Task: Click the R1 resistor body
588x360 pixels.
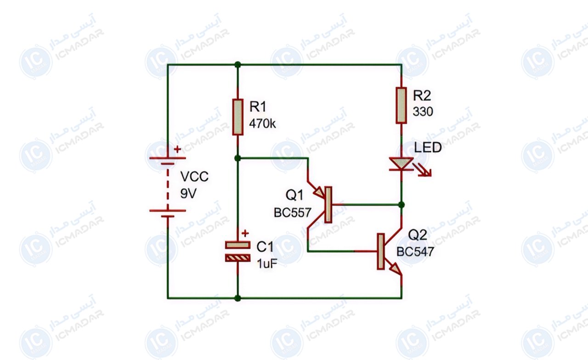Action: (237, 117)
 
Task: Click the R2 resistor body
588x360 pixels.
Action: (401, 105)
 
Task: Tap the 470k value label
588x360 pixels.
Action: (262, 124)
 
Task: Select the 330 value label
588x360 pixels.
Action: (423, 112)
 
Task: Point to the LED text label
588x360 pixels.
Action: (428, 147)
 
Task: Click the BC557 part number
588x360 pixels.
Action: (293, 213)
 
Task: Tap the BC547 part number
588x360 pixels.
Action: (415, 252)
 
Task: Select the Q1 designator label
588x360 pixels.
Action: (294, 195)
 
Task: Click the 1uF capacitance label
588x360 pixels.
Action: (267, 264)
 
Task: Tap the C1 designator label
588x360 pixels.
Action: (265, 247)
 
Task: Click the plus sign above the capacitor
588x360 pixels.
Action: (245, 233)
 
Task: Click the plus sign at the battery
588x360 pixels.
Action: (177, 149)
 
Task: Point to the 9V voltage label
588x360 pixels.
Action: (188, 194)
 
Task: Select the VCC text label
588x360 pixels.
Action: (194, 177)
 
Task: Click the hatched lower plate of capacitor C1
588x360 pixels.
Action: (237, 259)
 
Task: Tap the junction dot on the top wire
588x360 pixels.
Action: (237, 65)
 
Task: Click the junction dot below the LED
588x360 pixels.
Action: (401, 205)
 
